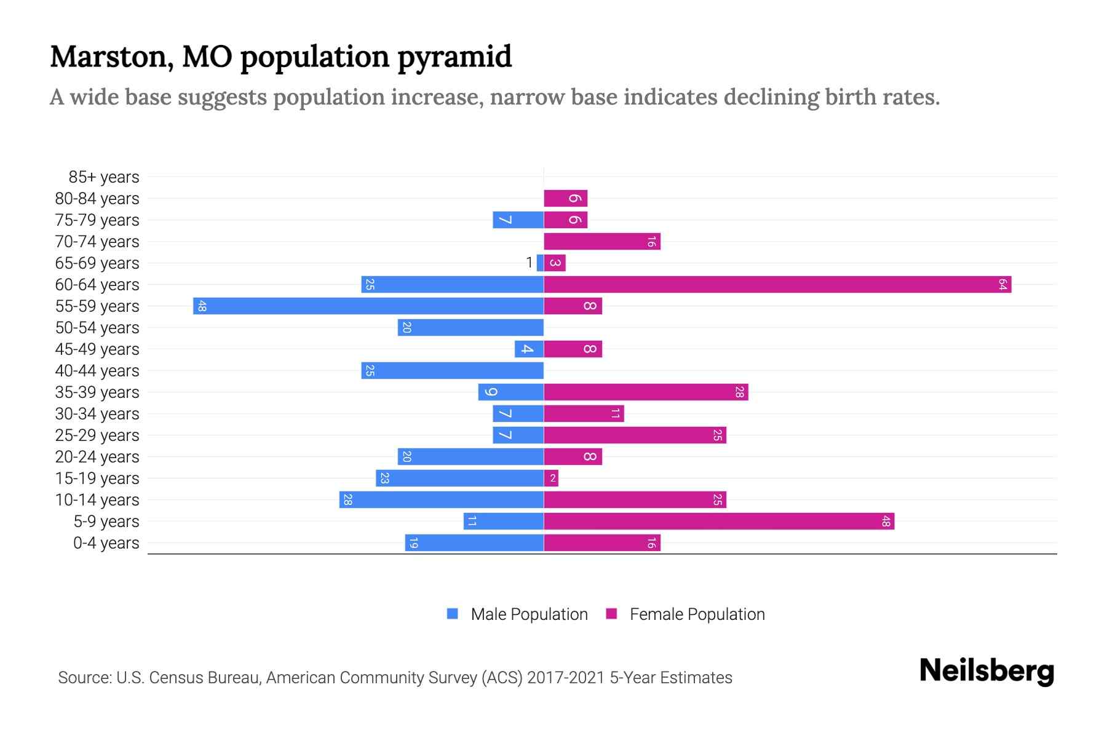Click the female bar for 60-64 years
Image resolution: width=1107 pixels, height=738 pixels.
click(777, 284)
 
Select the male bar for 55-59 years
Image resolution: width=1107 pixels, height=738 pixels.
click(368, 306)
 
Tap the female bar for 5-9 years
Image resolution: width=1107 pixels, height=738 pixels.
click(718, 521)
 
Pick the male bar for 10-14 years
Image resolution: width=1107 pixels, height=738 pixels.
click(441, 499)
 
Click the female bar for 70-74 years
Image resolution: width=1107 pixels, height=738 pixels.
click(601, 241)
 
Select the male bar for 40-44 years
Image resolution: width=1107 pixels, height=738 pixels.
click(452, 370)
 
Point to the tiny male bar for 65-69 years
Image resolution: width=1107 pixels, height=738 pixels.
click(540, 263)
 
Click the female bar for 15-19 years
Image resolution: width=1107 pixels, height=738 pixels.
click(551, 478)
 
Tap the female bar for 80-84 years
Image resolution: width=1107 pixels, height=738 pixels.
click(565, 198)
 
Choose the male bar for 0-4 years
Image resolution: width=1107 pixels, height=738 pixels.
click(474, 542)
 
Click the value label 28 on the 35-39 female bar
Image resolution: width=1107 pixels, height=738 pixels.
click(739, 392)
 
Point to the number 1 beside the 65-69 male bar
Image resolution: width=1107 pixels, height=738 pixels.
click(529, 263)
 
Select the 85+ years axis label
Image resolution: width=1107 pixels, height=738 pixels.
click(103, 177)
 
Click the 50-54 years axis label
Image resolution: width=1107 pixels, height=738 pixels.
click(97, 327)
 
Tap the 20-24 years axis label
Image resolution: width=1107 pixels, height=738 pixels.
click(97, 456)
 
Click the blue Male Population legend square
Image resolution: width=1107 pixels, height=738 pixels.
click(453, 614)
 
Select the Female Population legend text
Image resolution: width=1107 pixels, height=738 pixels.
click(697, 614)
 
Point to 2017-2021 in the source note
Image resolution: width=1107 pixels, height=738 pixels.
click(565, 678)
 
